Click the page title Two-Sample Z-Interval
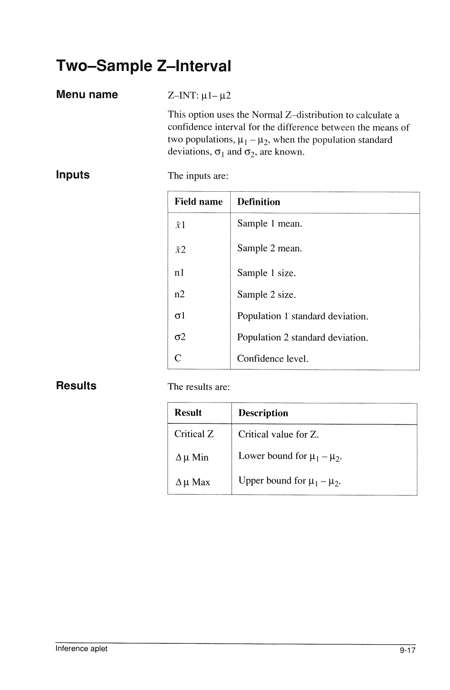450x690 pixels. (143, 66)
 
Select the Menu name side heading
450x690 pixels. (87, 95)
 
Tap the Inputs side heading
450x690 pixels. (73, 175)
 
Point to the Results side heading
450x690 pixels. (76, 386)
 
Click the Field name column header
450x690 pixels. (198, 202)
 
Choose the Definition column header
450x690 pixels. (259, 202)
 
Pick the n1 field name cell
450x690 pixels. (179, 273)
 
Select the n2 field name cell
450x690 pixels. (180, 295)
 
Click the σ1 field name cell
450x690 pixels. (180, 316)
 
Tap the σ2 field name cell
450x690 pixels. (180, 337)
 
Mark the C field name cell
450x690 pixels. (178, 358)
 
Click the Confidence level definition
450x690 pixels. (272, 359)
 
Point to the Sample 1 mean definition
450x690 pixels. (270, 224)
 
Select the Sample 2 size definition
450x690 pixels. (267, 295)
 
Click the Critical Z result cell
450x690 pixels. (194, 434)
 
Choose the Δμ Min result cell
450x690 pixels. (192, 457)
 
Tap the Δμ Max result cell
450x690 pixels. (192, 482)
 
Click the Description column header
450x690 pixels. (263, 413)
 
